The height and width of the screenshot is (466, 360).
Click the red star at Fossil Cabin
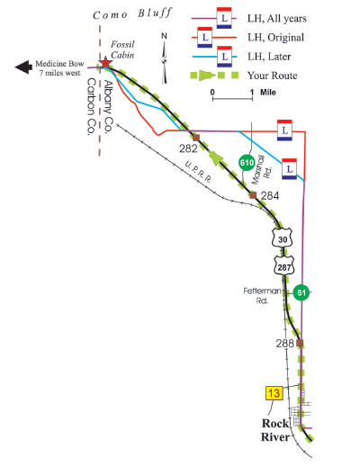105,63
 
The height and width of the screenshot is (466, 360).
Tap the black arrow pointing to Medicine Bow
23,67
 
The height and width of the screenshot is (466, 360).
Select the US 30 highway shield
282,237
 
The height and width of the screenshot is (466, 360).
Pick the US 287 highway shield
283,265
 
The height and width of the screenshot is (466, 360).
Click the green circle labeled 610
247,163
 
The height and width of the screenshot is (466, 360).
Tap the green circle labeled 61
301,292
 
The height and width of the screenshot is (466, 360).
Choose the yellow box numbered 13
274,393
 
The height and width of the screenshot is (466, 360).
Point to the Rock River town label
275,430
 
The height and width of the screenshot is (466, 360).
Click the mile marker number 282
188,148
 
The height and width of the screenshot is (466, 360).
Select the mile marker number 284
270,196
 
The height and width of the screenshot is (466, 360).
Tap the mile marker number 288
284,343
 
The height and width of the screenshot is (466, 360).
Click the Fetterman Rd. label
262,295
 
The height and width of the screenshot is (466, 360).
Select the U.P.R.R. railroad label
198,172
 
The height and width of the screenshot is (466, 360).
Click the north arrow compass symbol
164,58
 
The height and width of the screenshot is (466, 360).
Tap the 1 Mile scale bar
232,95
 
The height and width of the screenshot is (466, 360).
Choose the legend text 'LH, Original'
275,38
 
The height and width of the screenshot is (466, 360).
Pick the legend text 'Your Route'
273,76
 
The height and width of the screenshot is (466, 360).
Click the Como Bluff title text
132,13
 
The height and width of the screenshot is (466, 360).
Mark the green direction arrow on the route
218,157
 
